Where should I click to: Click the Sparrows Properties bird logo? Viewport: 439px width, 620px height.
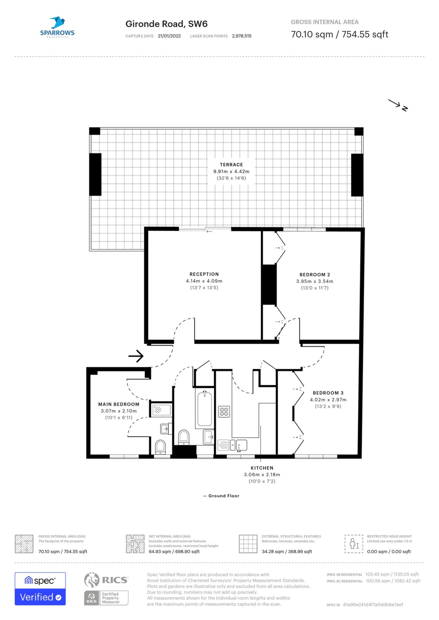point(57,23)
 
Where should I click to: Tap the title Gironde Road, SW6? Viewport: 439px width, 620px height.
point(166,24)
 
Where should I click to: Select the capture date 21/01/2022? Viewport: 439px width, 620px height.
point(169,36)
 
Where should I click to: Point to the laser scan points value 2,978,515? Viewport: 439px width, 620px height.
point(242,36)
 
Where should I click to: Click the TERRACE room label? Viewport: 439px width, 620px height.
point(232,164)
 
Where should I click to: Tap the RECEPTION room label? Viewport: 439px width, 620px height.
point(204,274)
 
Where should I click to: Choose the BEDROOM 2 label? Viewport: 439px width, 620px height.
point(315,275)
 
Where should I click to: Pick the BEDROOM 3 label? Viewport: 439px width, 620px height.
point(328,393)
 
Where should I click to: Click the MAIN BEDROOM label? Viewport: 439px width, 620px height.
point(119,404)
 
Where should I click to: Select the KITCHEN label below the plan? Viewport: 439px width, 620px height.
point(262,468)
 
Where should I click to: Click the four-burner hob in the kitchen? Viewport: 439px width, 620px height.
point(224,412)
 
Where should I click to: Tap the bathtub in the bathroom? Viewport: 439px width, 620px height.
point(205,408)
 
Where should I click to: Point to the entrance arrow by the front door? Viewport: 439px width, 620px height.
point(136,356)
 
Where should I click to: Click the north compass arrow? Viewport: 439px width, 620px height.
point(394,103)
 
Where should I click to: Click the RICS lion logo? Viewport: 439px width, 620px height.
point(92,580)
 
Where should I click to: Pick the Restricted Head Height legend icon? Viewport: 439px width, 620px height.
point(354,544)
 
